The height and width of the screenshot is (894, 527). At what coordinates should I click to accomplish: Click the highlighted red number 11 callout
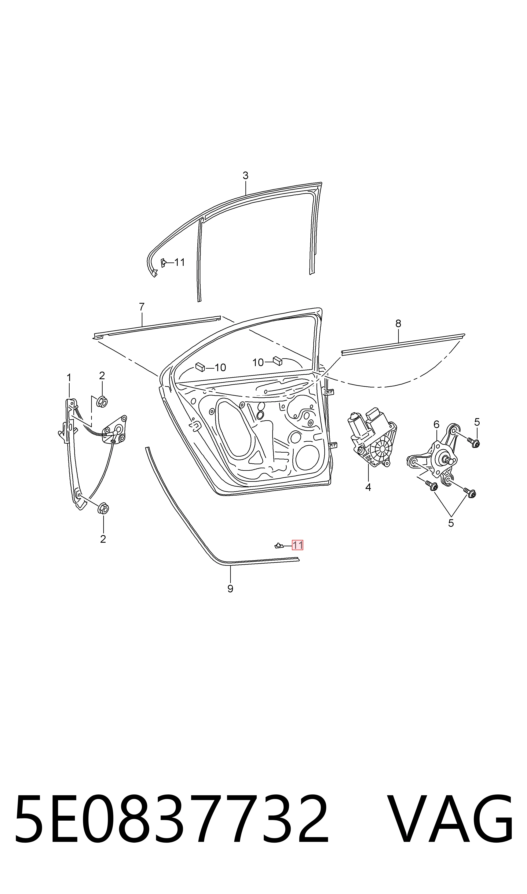[297, 545]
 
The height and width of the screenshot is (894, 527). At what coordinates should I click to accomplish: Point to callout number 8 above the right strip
[398, 323]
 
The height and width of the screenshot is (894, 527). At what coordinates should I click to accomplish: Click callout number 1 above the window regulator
[69, 378]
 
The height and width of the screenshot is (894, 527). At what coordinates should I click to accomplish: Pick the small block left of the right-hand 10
[277, 361]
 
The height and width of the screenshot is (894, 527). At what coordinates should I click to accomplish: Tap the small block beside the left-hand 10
[200, 367]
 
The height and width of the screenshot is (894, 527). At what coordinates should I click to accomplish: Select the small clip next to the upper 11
[163, 263]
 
